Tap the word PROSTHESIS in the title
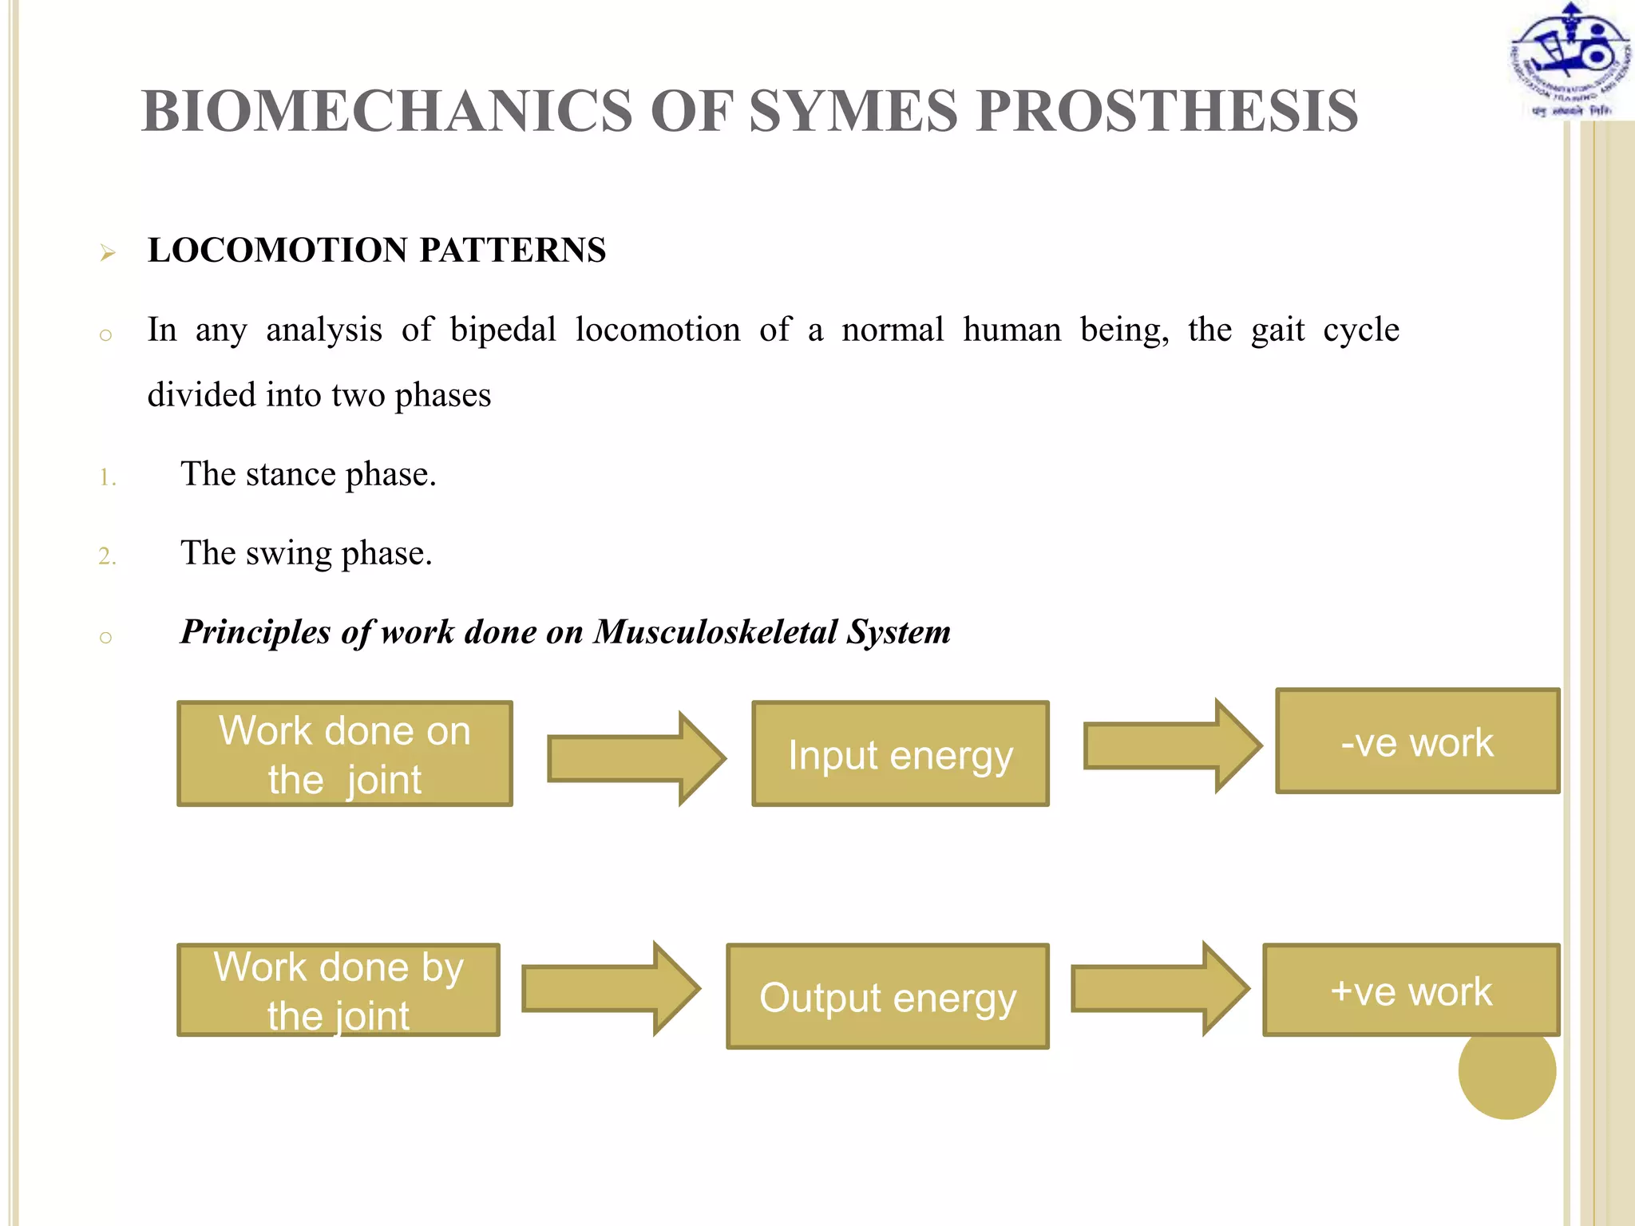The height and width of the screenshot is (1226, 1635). (x=1166, y=110)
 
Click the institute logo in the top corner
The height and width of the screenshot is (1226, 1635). (x=1569, y=61)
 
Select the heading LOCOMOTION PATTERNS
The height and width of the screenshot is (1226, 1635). (x=377, y=251)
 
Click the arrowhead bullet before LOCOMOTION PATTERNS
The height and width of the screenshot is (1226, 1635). (x=108, y=254)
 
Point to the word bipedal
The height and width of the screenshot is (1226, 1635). (x=503, y=330)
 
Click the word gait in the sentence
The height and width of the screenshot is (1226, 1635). (x=1277, y=330)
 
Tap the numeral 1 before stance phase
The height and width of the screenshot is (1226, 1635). (x=107, y=478)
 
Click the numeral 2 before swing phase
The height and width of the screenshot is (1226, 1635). (x=107, y=556)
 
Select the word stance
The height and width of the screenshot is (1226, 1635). (x=290, y=474)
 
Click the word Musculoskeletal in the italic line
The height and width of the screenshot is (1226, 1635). (x=715, y=632)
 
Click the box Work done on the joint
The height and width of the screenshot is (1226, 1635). (x=345, y=753)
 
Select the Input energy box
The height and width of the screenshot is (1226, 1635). (x=900, y=753)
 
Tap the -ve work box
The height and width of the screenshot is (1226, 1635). (x=1417, y=741)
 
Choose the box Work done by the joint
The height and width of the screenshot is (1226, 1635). (x=338, y=990)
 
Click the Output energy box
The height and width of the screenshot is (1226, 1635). (x=887, y=996)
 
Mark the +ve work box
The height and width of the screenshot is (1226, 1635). (x=1411, y=990)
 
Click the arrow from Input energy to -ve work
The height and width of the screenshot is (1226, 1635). (x=1170, y=745)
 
